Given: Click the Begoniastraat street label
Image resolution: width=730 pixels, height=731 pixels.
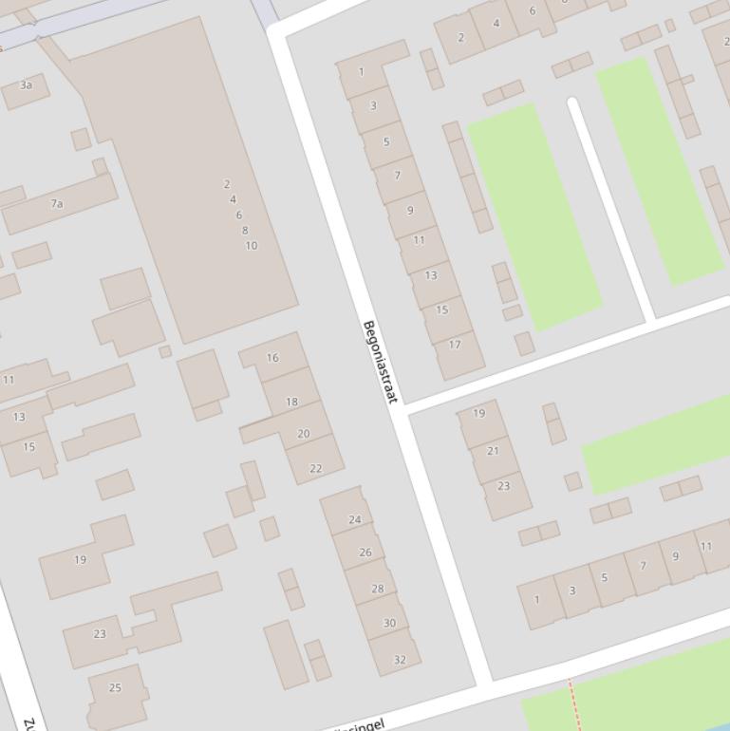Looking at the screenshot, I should coord(380,362).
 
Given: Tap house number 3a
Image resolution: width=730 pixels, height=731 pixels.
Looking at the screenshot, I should coord(27,85).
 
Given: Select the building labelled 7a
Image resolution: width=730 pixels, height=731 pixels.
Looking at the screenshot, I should coord(57,203).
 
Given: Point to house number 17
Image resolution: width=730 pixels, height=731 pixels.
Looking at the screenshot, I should coord(455,345).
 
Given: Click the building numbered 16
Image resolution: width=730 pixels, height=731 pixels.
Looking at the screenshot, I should coord(272,358).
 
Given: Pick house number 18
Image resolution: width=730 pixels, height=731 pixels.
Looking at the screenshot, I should coord(291,402).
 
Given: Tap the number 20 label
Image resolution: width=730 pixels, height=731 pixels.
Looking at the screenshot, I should coord(303,434).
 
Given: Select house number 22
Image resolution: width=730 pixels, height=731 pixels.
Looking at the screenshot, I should coord(315,468).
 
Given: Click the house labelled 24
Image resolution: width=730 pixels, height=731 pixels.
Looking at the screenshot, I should coord(355,519).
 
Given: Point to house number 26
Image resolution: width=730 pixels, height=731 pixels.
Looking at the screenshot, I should coord(365,552).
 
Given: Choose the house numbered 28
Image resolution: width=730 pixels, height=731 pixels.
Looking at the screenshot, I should coord(377,589).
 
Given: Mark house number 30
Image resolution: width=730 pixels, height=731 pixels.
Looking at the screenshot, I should coord(389,623).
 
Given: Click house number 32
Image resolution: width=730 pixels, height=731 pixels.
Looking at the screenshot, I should coord(400,659).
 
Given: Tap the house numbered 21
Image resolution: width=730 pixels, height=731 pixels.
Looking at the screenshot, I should coord(492,451).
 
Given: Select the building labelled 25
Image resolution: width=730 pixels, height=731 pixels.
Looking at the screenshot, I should coord(115,687).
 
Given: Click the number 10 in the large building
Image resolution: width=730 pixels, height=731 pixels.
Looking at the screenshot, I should coord(251,246).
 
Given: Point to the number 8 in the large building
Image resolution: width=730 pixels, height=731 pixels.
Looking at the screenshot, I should coord(245,231).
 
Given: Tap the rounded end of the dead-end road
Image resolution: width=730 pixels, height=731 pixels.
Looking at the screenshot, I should coord(572,103).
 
